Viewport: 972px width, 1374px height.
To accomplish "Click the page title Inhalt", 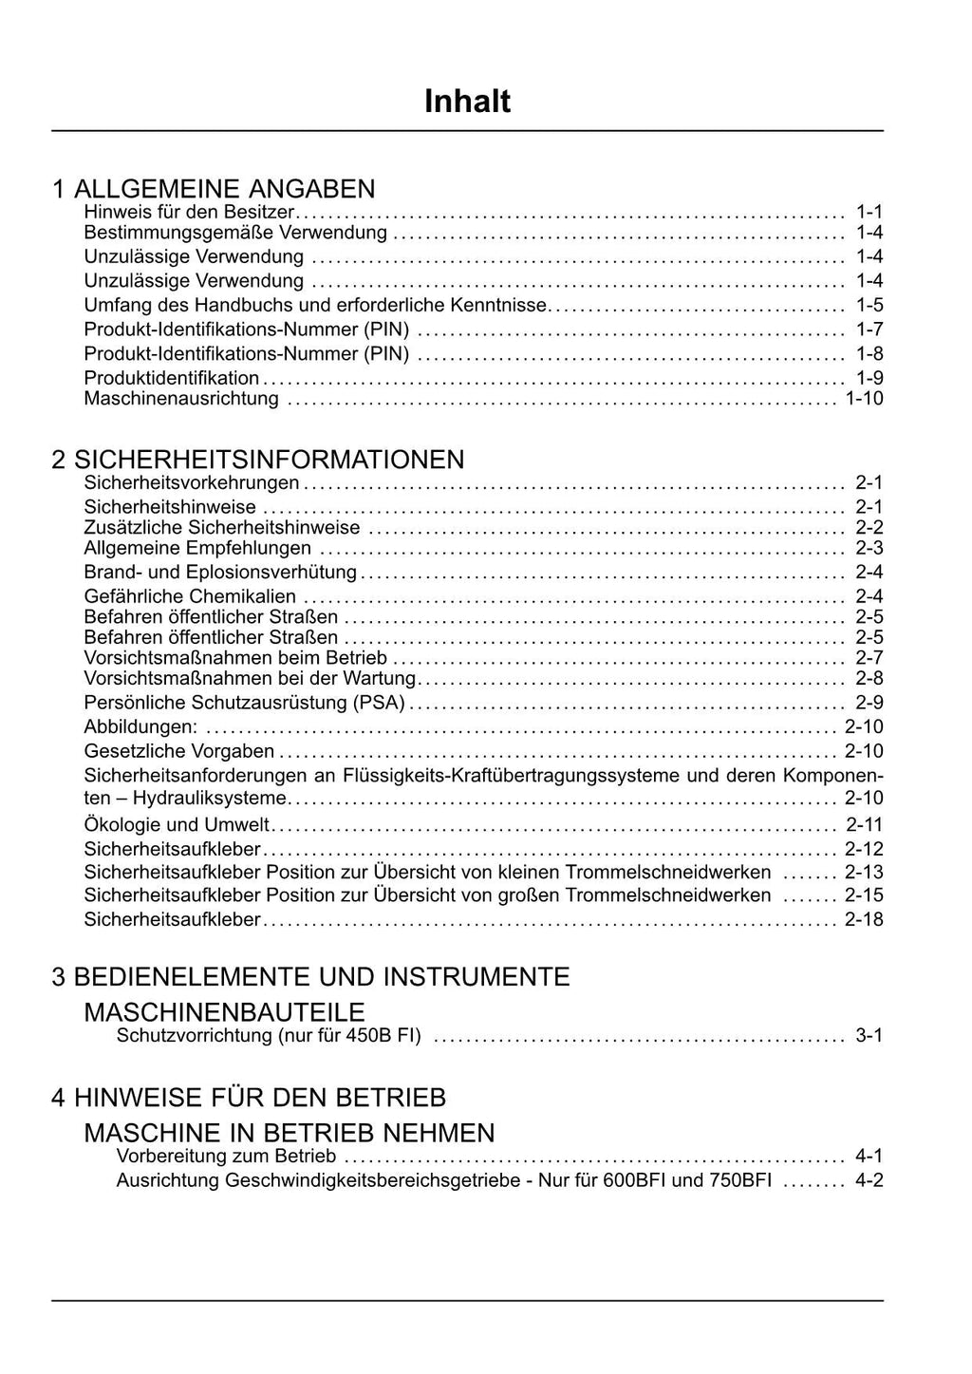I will pos(467,102).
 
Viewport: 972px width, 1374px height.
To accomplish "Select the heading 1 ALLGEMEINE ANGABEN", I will pos(214,188).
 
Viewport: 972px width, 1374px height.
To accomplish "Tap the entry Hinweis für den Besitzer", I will pos(189,211).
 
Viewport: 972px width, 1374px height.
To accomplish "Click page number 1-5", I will pos(869,305).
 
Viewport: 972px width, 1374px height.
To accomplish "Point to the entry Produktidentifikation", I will pos(171,378).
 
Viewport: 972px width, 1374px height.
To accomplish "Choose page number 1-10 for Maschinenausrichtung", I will pos(864,399).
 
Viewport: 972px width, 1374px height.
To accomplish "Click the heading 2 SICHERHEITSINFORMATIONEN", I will pos(258,460).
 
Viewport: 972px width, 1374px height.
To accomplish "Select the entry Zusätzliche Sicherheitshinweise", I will pos(222,528).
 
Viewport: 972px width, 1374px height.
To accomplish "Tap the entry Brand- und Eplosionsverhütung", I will pos(220,573).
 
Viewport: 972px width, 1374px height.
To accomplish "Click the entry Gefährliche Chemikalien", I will pos(190,596).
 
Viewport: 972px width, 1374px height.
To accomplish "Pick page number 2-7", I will pos(869,658).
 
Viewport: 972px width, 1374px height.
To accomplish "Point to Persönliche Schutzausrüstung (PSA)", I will pos(244,703).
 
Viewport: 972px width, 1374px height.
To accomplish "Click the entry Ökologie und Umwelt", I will pos(177,824).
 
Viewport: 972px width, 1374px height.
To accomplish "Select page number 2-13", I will pos(864,873).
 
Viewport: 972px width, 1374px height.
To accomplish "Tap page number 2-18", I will pos(864,919).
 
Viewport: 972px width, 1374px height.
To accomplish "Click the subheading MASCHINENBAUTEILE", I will pos(224,1011).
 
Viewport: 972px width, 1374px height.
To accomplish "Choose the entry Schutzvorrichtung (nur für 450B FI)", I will pos(269,1035).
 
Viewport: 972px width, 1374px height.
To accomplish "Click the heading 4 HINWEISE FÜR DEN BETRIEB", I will pos(249,1098).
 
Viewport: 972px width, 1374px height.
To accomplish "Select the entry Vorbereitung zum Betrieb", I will pos(226,1156).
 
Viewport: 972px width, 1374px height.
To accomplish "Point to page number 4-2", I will pos(869,1180).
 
